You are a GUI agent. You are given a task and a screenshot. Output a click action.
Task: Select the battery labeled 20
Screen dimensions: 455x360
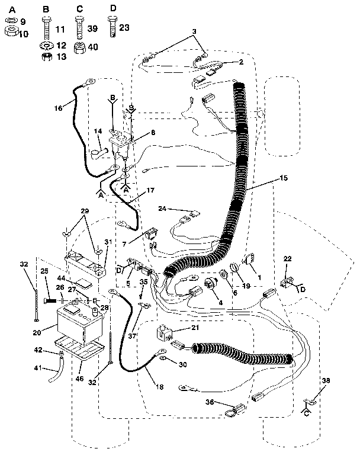tap(80, 323)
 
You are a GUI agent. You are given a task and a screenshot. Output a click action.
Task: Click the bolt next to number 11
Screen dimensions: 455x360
tap(46, 26)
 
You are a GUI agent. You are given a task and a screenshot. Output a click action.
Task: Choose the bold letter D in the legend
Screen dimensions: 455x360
tap(113, 8)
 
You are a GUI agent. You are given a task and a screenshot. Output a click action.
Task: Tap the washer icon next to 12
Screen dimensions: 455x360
tap(46, 46)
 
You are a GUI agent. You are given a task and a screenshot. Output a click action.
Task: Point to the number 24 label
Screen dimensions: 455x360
tap(162, 209)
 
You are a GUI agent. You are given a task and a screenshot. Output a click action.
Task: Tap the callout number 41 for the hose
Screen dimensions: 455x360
tap(38, 369)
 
